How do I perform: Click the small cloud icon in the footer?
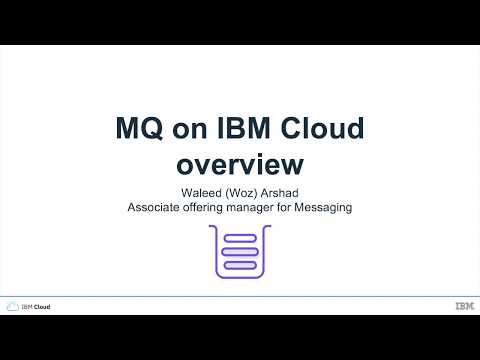[13, 306]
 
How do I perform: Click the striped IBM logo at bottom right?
[463, 306]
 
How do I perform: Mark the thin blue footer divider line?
[240, 296]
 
